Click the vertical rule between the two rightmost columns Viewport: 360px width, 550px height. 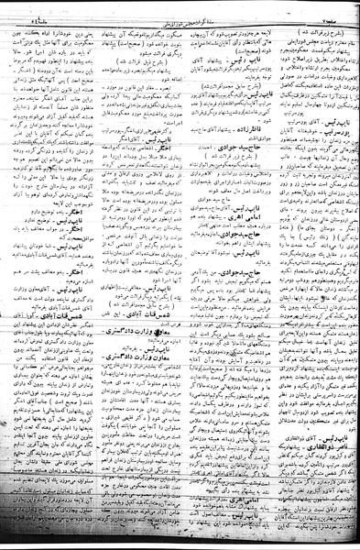click(272, 275)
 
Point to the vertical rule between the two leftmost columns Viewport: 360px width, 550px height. click(93, 275)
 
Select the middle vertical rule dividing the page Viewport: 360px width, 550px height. click(182, 275)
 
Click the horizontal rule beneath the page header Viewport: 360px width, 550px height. click(180, 15)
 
